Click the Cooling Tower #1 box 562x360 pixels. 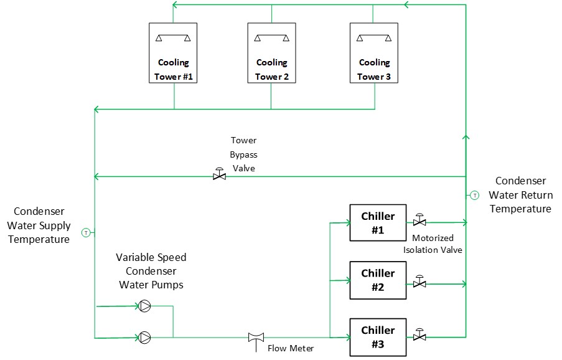tap(174, 54)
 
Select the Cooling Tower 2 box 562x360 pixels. tap(271, 54)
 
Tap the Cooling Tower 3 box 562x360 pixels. tap(374, 54)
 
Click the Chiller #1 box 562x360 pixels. tap(378, 222)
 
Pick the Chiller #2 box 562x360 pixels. tap(378, 280)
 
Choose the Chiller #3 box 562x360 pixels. tap(378, 337)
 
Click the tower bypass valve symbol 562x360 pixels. tap(219, 176)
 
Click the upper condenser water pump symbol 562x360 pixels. tap(144, 306)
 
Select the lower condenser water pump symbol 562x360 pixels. tap(144, 338)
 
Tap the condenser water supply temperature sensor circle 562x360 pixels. tap(86, 232)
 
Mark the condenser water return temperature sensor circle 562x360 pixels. tap(474, 195)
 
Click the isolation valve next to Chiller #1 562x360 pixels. tap(420, 221)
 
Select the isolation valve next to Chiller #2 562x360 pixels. tap(420, 283)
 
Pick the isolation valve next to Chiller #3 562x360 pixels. tap(420, 336)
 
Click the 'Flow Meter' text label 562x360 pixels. tap(291, 348)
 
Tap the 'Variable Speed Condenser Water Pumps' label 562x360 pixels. tap(151, 271)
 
